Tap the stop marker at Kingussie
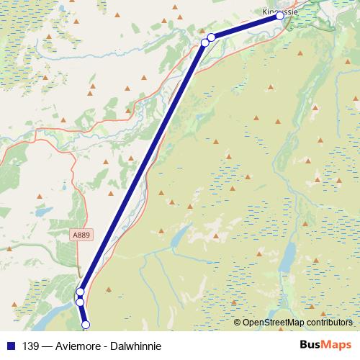[x=280, y=16]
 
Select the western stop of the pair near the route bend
[x=204, y=42]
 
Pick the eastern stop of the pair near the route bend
[x=211, y=37]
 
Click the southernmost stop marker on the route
[x=86, y=325]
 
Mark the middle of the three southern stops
[x=80, y=301]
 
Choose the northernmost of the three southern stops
[x=80, y=292]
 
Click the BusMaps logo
[x=325, y=344]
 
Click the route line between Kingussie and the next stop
[x=245, y=26]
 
